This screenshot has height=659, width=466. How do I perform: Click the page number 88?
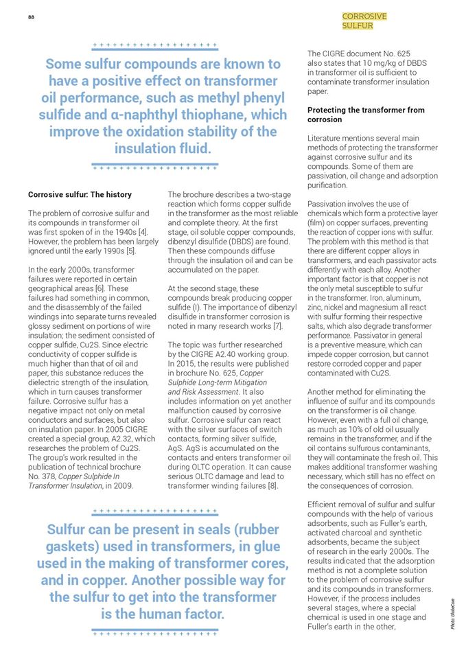(31, 17)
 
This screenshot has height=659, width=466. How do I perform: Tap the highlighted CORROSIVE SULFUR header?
(364, 21)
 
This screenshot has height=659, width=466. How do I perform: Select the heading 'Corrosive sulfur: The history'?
(80, 194)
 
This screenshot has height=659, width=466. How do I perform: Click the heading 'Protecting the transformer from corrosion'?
(366, 115)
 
